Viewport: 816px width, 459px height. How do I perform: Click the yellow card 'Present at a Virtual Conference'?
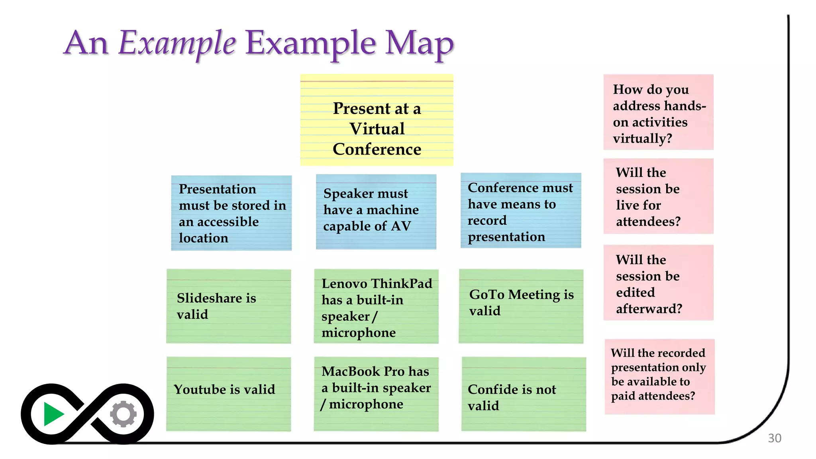click(377, 120)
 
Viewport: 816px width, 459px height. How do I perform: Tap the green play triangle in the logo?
click(53, 414)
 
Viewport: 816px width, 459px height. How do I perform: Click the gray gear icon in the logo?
click(124, 414)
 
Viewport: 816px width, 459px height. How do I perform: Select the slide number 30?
click(774, 438)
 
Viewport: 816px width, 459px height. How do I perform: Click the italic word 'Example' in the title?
click(177, 43)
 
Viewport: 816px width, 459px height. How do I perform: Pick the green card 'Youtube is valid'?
click(228, 394)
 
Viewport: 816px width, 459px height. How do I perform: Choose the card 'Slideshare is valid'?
click(228, 306)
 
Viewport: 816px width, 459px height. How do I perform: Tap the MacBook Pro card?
click(376, 394)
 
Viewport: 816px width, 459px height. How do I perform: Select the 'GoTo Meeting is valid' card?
click(521, 306)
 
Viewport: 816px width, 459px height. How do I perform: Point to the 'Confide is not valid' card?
click(523, 394)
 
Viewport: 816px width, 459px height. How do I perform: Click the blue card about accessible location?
click(231, 213)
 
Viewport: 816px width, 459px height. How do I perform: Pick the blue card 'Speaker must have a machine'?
click(376, 212)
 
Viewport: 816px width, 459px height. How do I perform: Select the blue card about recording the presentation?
click(520, 211)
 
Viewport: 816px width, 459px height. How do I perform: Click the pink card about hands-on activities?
click(658, 112)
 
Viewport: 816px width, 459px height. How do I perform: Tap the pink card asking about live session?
click(658, 196)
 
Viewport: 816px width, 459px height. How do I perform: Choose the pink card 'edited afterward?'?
click(658, 283)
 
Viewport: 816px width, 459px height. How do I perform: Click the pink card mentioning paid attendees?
click(659, 377)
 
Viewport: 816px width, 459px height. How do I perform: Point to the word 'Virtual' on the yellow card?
click(377, 129)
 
